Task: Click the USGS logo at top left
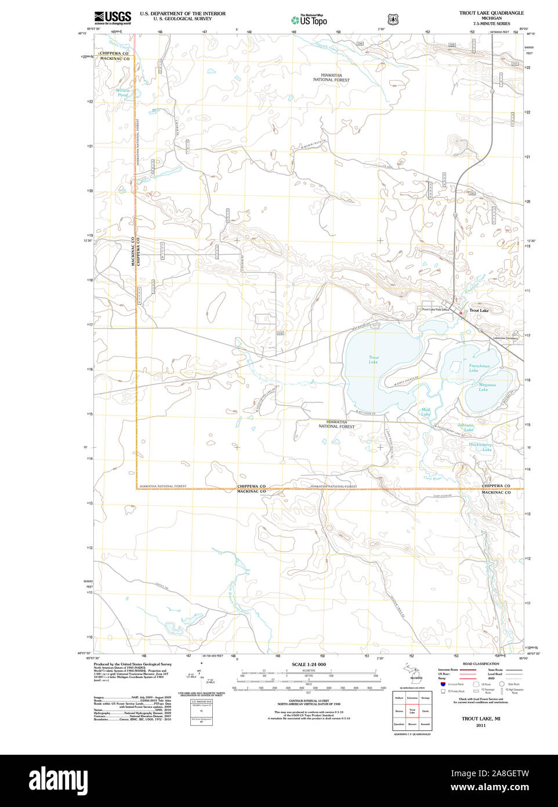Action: (113, 17)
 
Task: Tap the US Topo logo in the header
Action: (310, 20)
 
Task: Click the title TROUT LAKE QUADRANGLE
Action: (491, 13)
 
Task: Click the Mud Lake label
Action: (426, 412)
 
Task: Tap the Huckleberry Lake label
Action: (480, 447)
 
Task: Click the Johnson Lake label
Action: (466, 427)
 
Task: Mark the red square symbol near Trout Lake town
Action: (461, 314)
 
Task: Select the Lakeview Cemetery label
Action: (505, 338)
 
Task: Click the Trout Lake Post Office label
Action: (435, 310)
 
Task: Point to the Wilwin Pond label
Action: (122, 92)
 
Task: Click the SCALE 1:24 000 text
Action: (309, 664)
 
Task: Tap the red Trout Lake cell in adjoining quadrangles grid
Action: (412, 711)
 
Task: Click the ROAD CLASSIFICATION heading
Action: (480, 664)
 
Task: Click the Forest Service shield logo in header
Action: (393, 19)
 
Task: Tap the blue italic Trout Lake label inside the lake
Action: (374, 359)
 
